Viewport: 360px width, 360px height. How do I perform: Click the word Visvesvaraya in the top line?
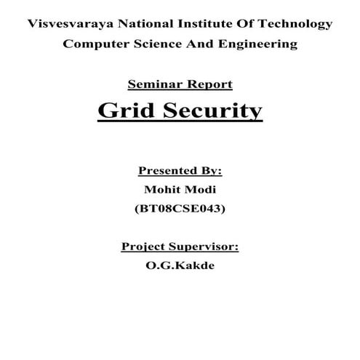[68, 24]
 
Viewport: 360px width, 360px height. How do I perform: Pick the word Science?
[154, 44]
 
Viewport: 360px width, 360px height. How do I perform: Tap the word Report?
[209, 84]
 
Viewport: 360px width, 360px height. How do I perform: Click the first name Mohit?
[163, 190]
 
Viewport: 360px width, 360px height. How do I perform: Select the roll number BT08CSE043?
[180, 209]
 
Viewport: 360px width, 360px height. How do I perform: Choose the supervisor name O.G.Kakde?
[180, 266]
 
